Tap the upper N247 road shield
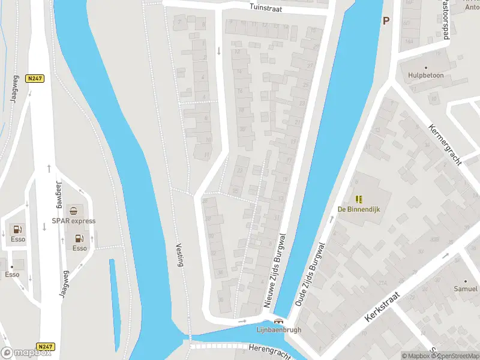coord(34,78)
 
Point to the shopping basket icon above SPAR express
coord(73,211)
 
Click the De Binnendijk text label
coord(359,209)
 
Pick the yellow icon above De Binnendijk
coord(359,199)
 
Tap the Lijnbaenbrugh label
coord(279,329)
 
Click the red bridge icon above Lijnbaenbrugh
coord(279,321)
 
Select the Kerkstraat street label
coord(382,306)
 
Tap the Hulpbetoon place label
coord(425,76)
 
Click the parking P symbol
coord(386,20)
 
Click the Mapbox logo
coord(26,353)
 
